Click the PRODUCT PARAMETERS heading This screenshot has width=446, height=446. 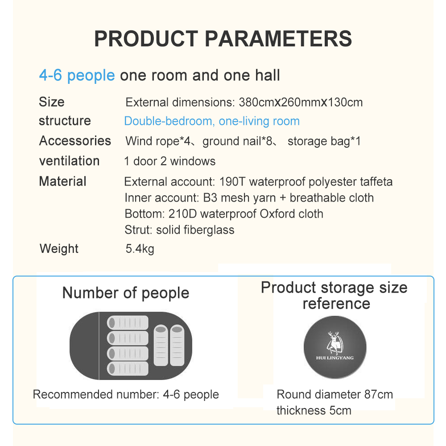223,39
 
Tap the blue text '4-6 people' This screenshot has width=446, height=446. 77,75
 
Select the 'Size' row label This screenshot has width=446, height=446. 52,102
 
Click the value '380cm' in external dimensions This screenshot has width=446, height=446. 256,102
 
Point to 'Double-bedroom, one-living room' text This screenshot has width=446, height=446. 212,121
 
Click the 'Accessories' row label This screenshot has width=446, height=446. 75,141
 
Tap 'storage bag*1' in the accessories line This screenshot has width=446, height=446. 324,141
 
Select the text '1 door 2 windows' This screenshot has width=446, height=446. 170,161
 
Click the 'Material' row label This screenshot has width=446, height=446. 62,181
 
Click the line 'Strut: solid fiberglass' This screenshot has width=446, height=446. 179,230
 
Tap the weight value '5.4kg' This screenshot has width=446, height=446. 140,249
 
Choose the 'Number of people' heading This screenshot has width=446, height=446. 126,293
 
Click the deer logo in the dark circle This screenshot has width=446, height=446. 334,343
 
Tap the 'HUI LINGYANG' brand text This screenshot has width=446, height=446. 335,358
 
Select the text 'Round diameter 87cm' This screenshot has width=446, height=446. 335,395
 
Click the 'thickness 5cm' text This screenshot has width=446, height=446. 314,410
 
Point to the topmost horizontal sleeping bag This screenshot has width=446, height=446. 128,323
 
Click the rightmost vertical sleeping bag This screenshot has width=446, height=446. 177,345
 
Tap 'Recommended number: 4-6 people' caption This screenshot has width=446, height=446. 126,395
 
